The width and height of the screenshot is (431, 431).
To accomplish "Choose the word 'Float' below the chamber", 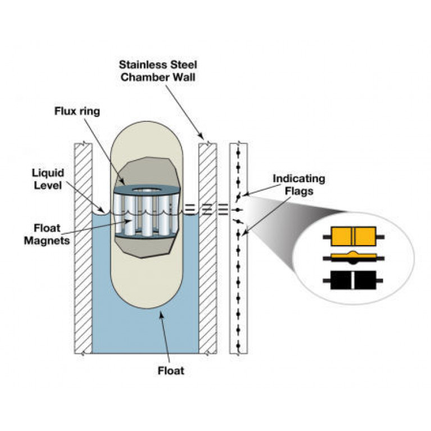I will tap(171, 371).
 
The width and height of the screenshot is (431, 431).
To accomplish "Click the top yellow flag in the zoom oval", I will tap(353, 237).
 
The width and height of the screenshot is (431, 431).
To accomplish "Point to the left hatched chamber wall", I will tap(83, 247).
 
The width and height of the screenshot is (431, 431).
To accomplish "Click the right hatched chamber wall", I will tap(208, 247).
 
